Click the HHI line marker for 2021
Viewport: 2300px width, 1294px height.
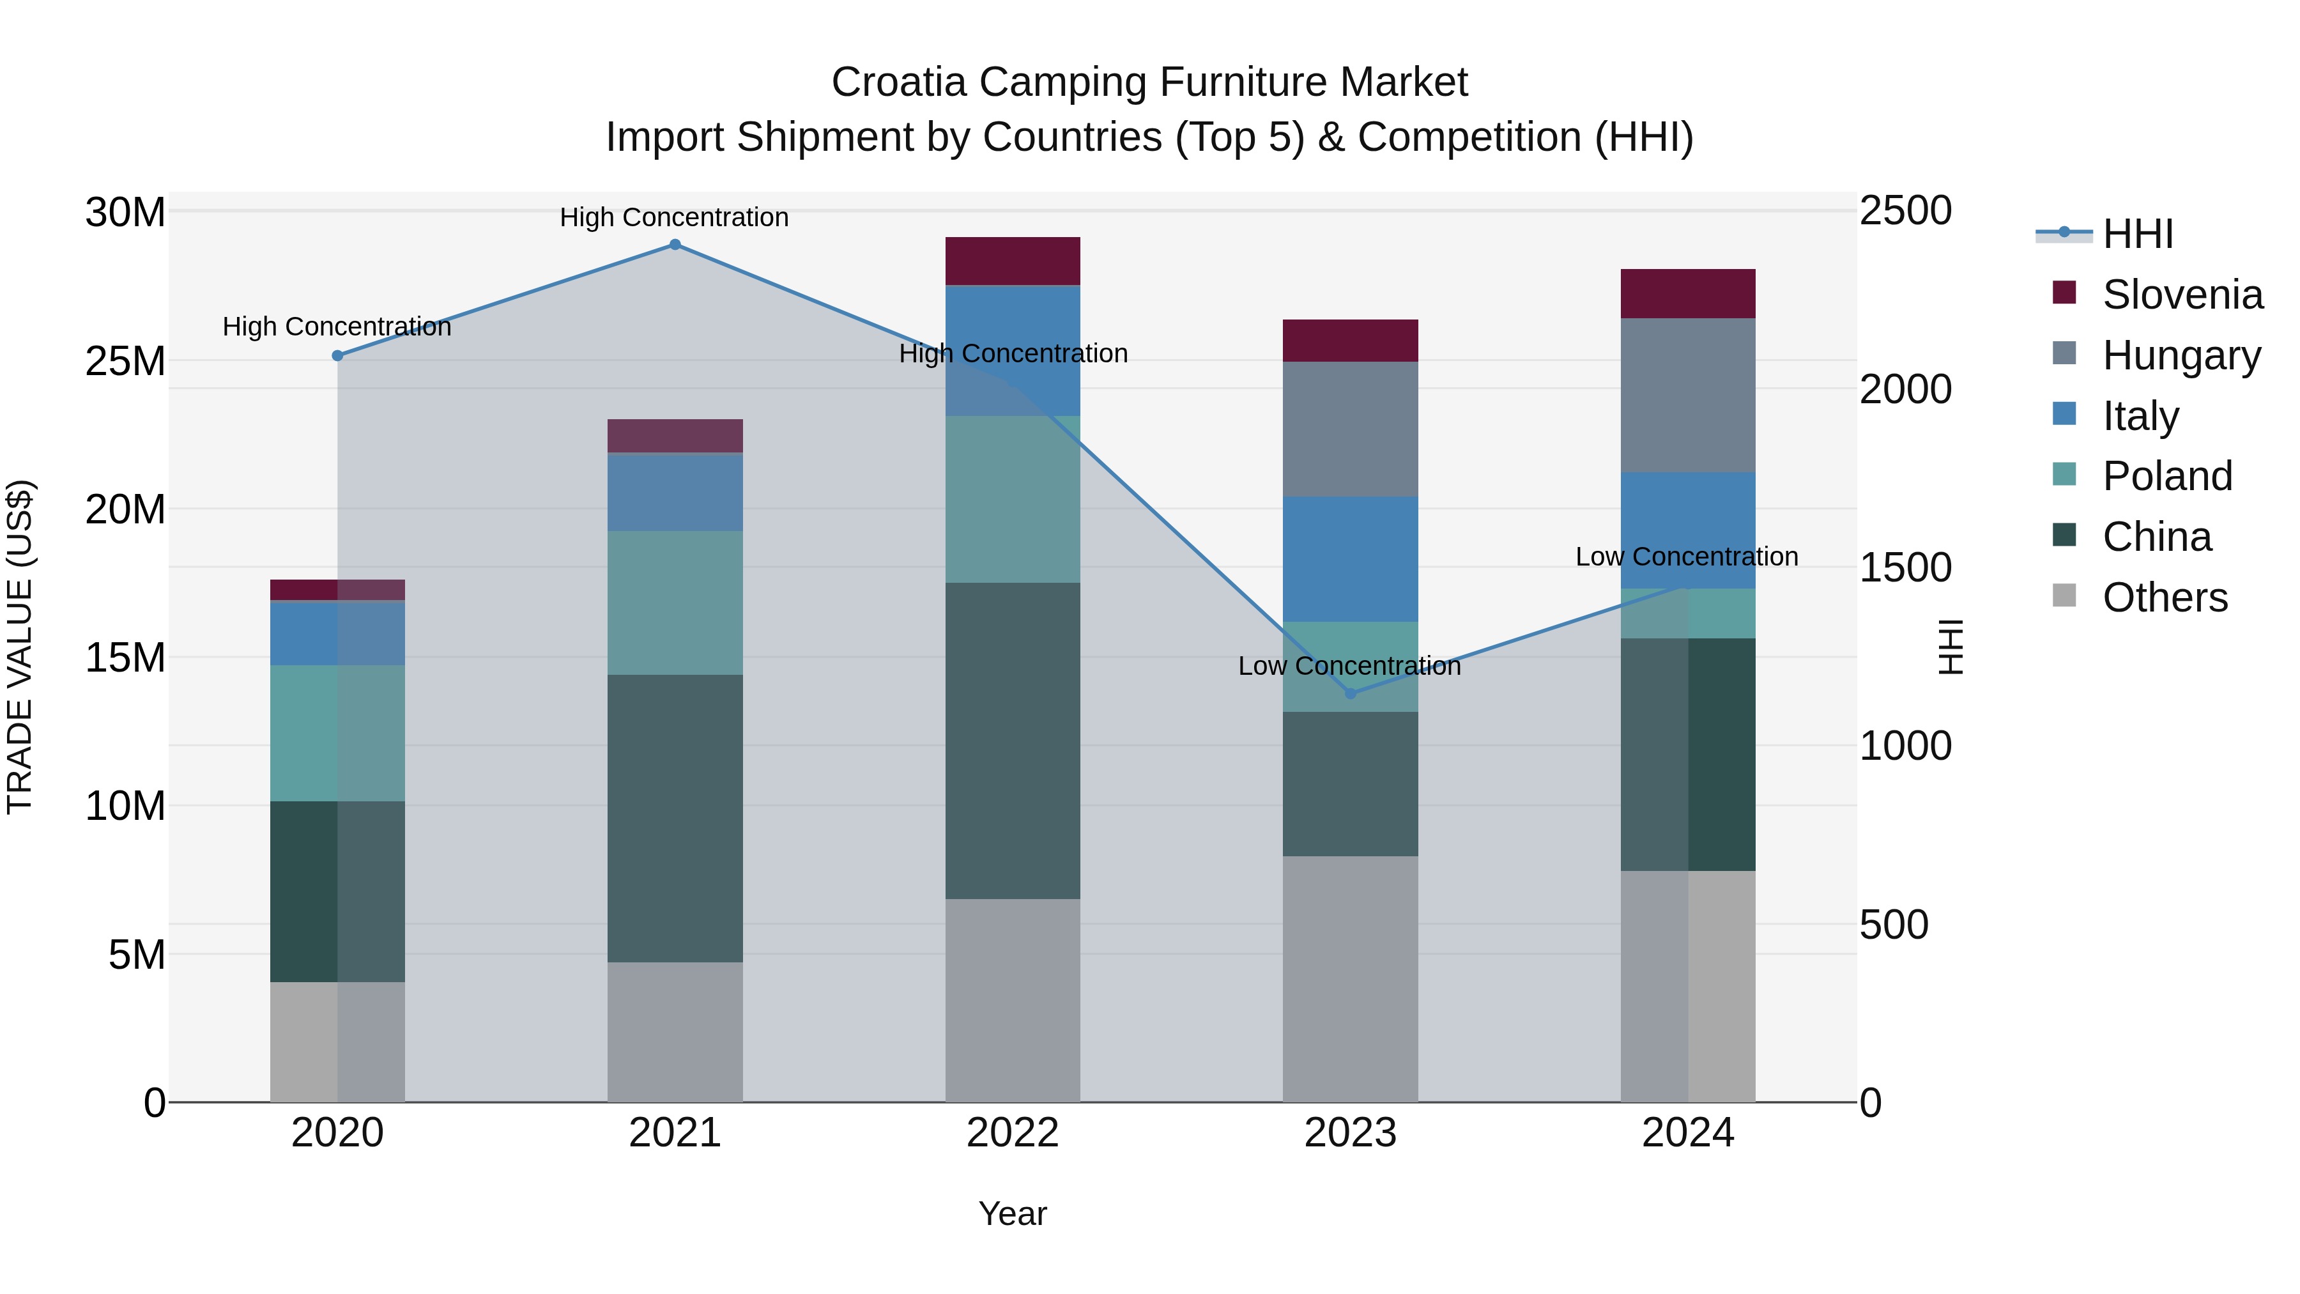675,245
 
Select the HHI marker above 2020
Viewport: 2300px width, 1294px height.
337,355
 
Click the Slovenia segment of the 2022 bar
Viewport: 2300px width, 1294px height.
1013,261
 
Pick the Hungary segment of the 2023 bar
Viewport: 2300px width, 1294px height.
1350,429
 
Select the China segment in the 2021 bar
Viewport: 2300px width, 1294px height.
675,817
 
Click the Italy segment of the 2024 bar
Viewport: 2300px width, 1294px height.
1687,530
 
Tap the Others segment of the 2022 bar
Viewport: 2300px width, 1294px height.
1013,1000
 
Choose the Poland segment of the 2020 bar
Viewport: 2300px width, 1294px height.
337,732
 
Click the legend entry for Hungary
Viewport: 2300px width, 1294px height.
2181,355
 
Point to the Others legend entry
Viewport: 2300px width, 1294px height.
2165,597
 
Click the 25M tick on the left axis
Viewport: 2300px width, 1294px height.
125,362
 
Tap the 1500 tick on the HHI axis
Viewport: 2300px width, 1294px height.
1905,568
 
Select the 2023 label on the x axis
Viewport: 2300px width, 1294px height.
1350,1133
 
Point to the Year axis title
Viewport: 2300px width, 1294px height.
1013,1213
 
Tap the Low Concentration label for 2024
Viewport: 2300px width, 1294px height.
1687,557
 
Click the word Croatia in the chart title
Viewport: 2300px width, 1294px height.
898,83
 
